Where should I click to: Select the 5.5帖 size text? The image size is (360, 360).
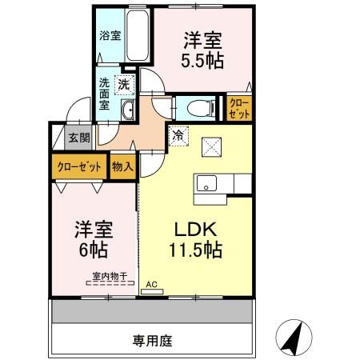coord(202,60)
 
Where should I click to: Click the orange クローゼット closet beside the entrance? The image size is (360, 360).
coord(78,168)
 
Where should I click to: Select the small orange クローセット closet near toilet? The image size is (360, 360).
coord(238,106)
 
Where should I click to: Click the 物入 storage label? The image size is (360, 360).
coord(122,168)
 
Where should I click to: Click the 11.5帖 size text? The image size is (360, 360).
coord(194,249)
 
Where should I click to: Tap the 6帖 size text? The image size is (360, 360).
coord(93,249)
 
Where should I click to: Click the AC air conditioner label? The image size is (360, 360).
coord(153,284)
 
